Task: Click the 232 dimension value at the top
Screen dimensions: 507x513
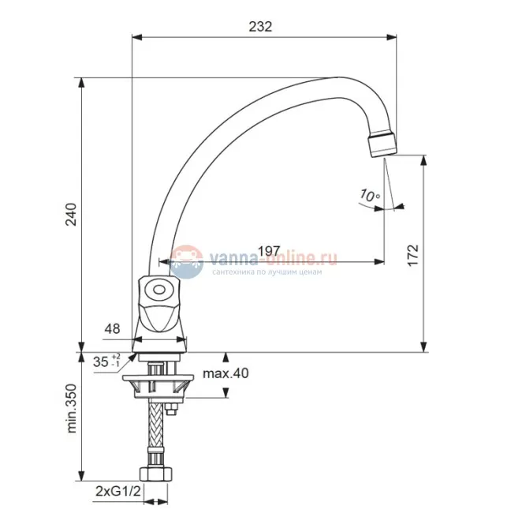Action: pyautogui.click(x=260, y=27)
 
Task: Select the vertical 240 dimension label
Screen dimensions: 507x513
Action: pyautogui.click(x=71, y=215)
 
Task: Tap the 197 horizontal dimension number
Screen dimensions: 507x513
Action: pyautogui.click(x=269, y=251)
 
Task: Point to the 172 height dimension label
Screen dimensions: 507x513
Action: pyautogui.click(x=413, y=256)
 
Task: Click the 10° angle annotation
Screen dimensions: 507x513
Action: pyautogui.click(x=370, y=196)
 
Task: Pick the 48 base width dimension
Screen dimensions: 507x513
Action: pyautogui.click(x=112, y=328)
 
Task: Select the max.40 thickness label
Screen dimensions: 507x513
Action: pyautogui.click(x=226, y=373)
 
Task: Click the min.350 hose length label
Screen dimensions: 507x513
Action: pyautogui.click(x=71, y=408)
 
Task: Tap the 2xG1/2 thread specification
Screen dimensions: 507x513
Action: pyautogui.click(x=118, y=491)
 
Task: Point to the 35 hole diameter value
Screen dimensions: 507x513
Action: pyautogui.click(x=100, y=361)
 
